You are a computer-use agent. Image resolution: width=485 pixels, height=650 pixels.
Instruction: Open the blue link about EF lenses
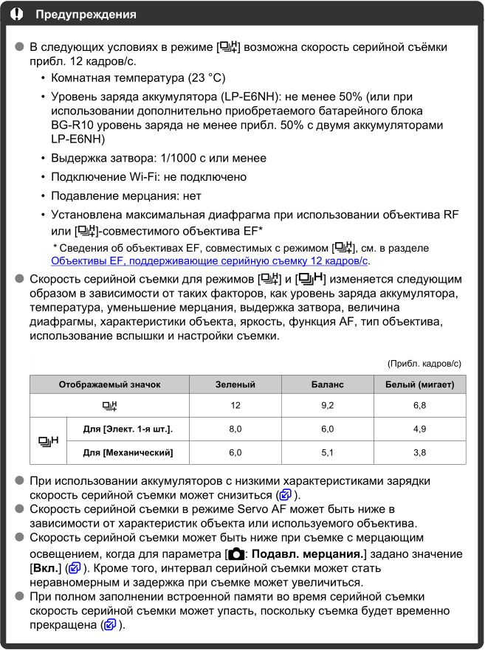click(210, 260)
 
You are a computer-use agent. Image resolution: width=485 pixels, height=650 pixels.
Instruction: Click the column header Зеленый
click(235, 384)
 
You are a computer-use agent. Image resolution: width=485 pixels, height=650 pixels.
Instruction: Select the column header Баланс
click(328, 384)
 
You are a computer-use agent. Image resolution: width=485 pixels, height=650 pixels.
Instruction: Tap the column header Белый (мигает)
click(420, 384)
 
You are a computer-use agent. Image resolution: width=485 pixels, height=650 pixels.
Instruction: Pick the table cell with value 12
click(235, 406)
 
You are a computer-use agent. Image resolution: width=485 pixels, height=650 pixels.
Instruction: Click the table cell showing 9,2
click(328, 406)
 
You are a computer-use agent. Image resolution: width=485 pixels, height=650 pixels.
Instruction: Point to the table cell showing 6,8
click(420, 406)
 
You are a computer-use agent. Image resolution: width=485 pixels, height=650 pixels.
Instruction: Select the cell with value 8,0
click(235, 429)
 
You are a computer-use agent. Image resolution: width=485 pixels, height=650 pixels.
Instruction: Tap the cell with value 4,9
click(420, 429)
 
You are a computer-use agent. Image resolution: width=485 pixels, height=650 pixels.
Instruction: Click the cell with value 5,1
click(328, 452)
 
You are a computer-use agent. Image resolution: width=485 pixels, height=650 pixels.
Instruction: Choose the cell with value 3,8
click(420, 452)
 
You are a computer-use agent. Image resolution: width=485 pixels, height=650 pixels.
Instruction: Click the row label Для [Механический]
click(128, 452)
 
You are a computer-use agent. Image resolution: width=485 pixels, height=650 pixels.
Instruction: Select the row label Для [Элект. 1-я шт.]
click(128, 429)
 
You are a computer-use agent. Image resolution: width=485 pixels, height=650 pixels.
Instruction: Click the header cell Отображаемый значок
click(109, 384)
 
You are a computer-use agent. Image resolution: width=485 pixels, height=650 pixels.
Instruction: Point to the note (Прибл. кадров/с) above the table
click(424, 363)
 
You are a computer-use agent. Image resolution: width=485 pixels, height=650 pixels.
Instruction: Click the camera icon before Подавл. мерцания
click(235, 554)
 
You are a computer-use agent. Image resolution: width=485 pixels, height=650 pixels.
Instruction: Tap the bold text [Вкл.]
click(45, 569)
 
